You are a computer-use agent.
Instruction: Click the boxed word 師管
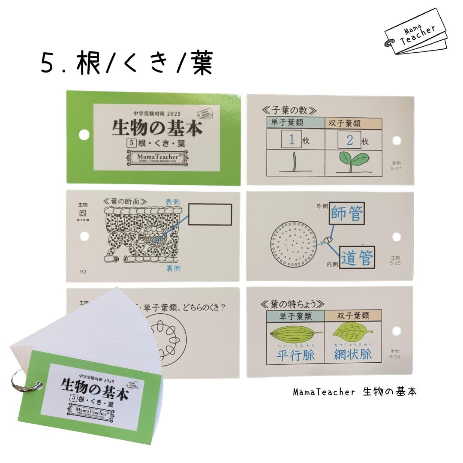(x=347, y=213)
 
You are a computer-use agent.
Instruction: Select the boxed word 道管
(x=358, y=257)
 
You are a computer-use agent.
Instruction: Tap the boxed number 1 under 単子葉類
(x=292, y=140)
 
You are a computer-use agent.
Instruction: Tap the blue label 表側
(x=175, y=201)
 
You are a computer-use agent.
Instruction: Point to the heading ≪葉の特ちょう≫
(x=293, y=303)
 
